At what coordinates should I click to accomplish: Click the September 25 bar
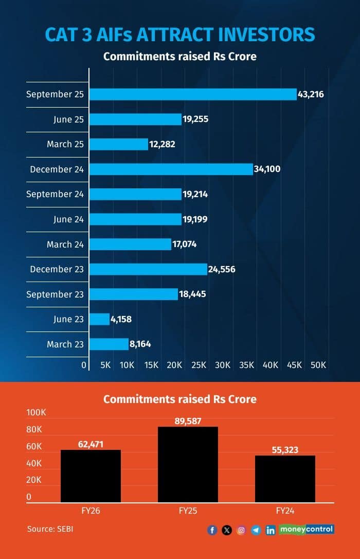193,94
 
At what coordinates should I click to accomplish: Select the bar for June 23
99,319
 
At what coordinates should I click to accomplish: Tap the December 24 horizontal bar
171,169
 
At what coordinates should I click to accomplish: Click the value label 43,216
311,94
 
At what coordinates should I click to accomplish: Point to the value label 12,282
163,144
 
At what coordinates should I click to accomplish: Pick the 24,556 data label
222,269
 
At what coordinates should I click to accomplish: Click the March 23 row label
65,344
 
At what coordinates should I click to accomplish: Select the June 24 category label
68,219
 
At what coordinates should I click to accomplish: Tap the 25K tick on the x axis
199,365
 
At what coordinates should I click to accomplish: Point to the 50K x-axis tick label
319,365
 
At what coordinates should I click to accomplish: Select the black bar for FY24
285,479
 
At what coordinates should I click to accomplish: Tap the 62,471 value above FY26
91,444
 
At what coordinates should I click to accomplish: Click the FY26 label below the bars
91,510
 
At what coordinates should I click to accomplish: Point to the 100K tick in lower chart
36,413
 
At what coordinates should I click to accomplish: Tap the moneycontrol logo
307,529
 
